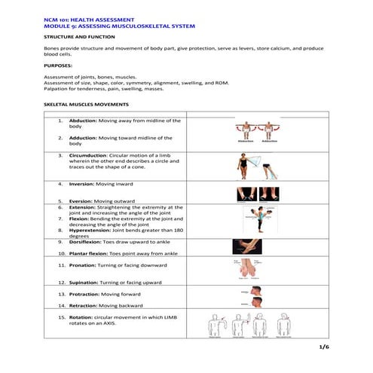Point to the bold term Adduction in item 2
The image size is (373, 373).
83,138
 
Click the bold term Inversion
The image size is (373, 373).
82,184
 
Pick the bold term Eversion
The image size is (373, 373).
81,201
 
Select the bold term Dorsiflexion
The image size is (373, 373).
87,242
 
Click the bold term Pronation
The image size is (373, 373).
84,265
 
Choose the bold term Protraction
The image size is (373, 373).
84,294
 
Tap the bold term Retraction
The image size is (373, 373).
84,306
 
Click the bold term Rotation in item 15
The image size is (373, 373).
82,318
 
